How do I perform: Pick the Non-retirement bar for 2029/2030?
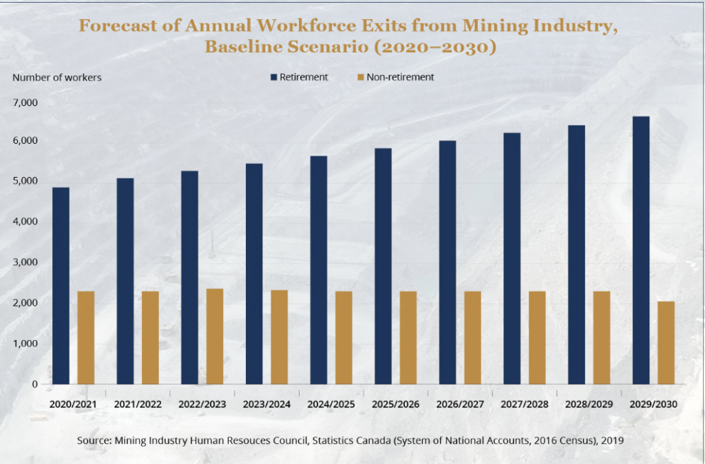pos(666,342)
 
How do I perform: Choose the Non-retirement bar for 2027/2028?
pos(537,337)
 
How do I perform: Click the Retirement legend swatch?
pos(273,77)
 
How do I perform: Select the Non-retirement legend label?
pos(400,77)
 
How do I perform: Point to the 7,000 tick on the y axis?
pos(25,103)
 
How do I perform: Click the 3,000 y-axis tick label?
pos(25,262)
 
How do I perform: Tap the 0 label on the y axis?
pos(34,384)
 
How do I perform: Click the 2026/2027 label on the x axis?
pos(460,404)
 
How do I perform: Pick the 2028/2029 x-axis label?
pos(589,404)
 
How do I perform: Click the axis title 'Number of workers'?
pos(56,77)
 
